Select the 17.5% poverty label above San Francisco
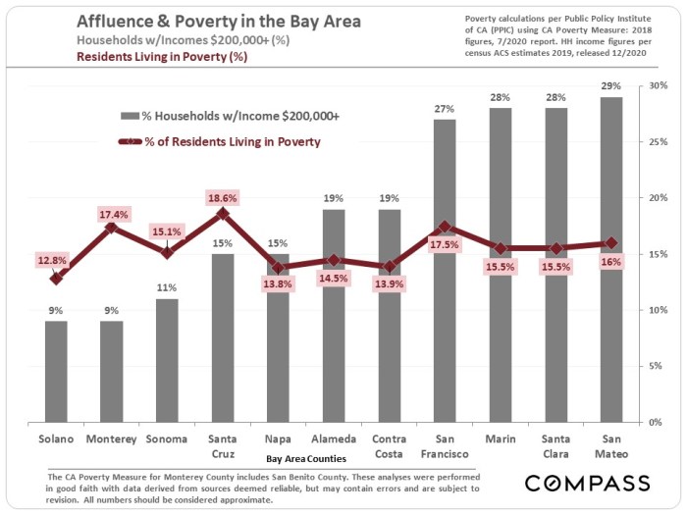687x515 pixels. point(446,243)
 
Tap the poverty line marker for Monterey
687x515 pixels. point(112,228)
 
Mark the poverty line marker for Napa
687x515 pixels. point(279,267)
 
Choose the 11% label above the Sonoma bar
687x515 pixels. point(167,287)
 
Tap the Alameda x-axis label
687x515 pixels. point(335,440)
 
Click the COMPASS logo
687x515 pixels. point(587,484)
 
